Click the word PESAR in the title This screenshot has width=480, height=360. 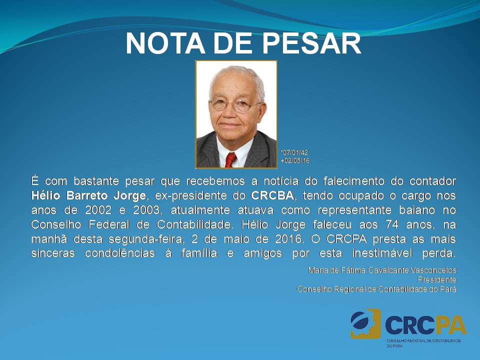312,43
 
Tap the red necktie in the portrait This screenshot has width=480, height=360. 230,160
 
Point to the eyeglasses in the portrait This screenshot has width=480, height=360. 234,105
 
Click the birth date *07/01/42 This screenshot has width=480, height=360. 294,152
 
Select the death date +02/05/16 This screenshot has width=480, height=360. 295,160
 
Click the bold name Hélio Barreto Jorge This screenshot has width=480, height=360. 88,195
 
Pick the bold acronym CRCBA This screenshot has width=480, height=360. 272,195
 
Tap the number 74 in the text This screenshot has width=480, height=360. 392,224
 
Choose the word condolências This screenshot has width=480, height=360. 120,253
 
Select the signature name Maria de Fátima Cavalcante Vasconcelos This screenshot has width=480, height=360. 382,270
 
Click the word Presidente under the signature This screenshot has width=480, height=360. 437,279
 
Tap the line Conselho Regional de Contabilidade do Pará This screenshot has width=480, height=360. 376,289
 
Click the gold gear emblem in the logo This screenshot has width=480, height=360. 366,323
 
